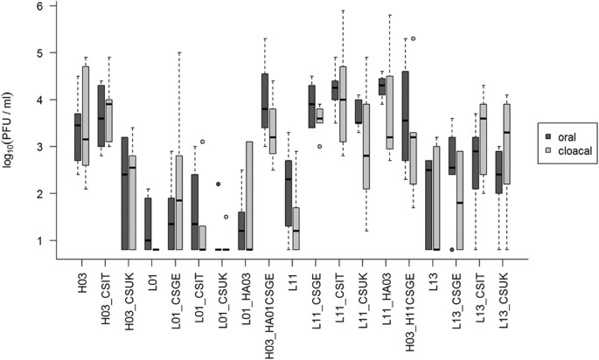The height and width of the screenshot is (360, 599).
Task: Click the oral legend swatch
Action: tap(548, 135)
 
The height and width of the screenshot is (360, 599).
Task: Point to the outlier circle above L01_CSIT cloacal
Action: tap(202, 142)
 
